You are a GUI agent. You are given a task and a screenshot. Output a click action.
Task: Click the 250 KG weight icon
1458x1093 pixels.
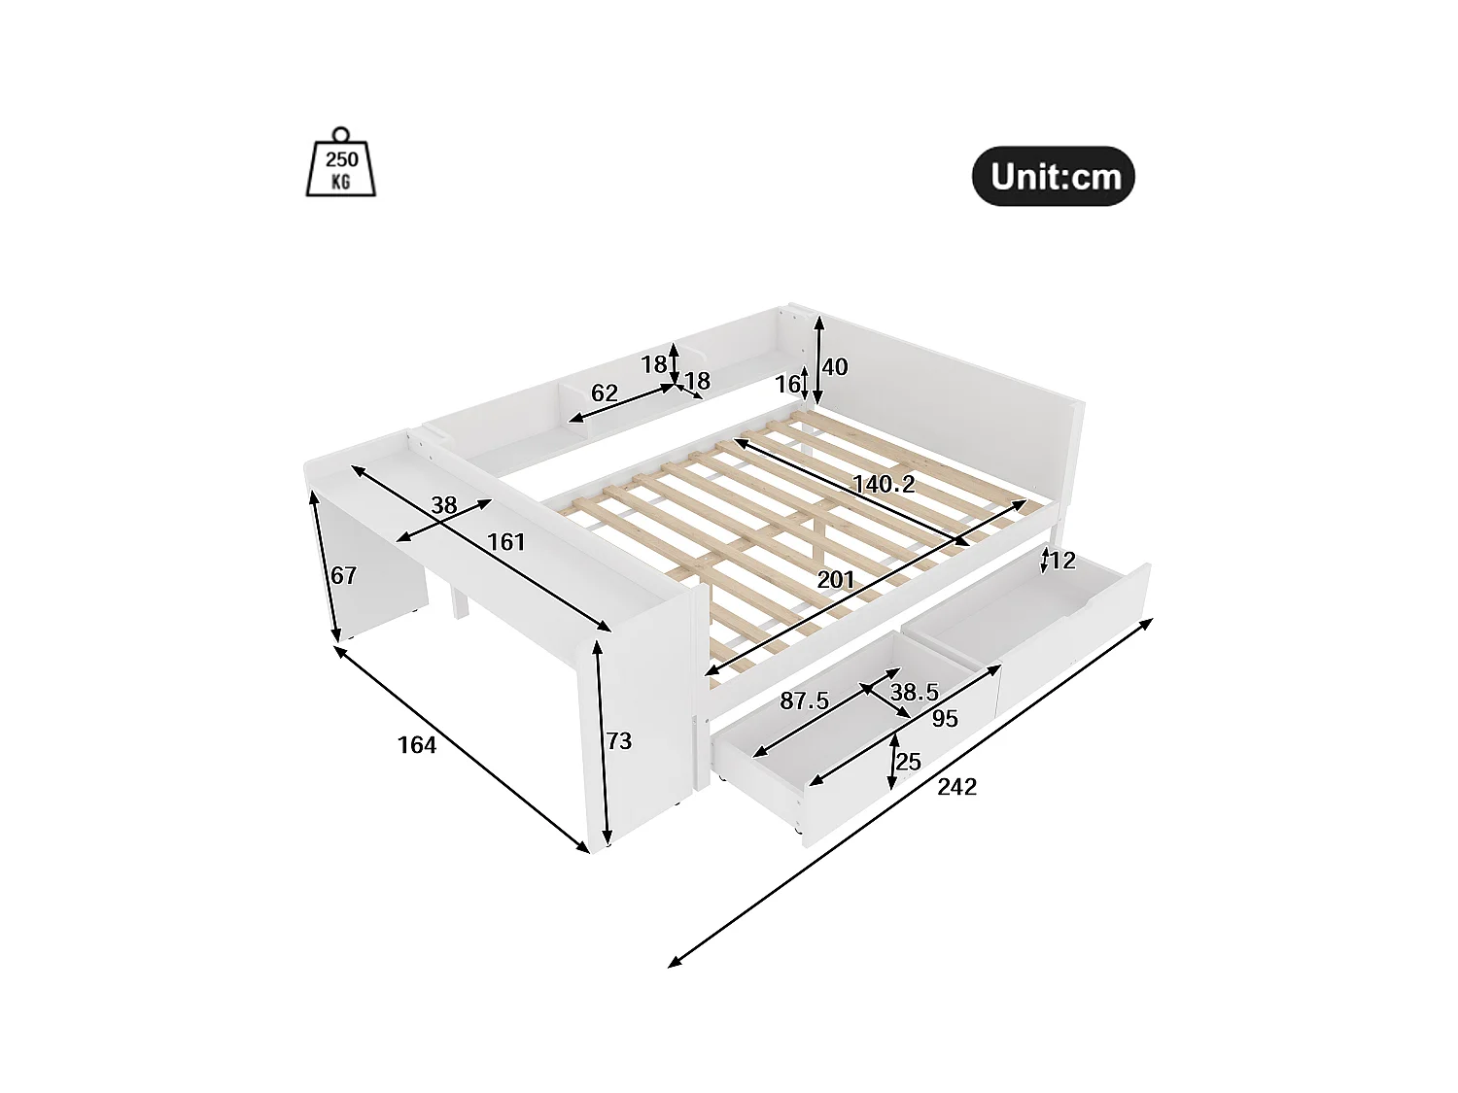341,163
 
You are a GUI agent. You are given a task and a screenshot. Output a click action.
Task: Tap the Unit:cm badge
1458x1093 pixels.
1054,177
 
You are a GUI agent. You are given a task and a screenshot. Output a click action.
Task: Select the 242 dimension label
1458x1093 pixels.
956,787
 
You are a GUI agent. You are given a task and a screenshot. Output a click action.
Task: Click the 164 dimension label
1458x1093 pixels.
417,745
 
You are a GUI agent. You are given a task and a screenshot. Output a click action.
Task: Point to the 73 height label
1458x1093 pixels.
619,741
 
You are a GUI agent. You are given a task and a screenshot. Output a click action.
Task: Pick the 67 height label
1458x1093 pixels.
343,575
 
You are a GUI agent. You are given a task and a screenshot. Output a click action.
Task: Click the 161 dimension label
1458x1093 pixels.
505,542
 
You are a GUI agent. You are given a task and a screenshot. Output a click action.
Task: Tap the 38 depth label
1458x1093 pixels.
444,505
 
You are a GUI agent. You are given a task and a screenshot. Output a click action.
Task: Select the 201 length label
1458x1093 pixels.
836,580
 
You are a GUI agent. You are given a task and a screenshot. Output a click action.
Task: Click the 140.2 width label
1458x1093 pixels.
884,484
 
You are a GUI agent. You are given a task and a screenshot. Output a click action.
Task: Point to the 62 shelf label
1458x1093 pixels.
604,393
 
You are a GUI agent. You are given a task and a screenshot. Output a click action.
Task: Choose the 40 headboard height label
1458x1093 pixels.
835,367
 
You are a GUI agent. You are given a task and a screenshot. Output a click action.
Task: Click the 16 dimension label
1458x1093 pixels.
787,385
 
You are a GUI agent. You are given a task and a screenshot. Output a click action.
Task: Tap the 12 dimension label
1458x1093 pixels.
1062,561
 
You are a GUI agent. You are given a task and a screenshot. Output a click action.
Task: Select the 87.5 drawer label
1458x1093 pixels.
804,700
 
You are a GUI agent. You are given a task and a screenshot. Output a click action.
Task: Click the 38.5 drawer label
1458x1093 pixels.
915,693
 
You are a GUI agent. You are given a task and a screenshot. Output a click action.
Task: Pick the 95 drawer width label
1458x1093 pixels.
945,719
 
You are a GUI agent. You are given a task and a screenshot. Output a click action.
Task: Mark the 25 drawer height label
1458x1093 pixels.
908,762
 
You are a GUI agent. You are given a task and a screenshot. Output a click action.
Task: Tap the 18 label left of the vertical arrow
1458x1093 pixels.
654,364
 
